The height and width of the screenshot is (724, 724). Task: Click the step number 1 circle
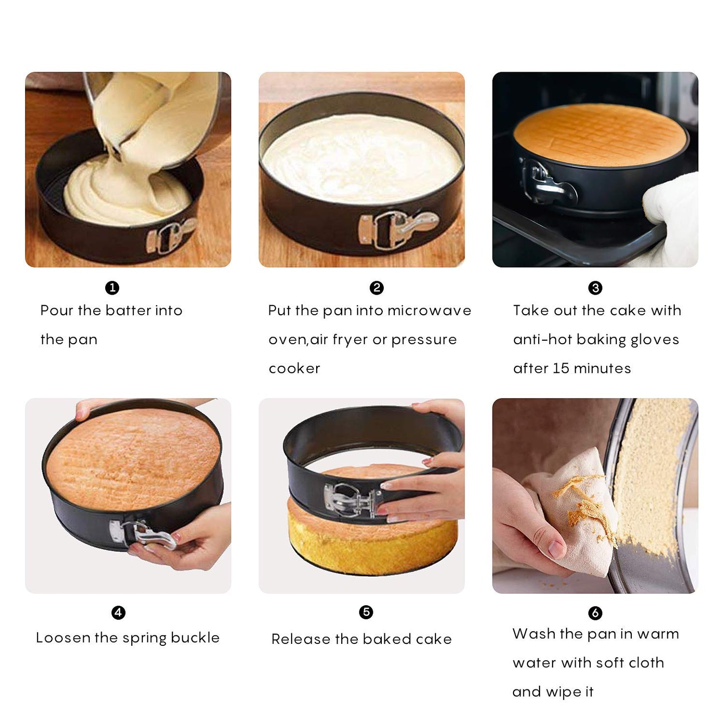click(x=112, y=288)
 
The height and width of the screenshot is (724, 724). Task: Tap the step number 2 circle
click(x=376, y=288)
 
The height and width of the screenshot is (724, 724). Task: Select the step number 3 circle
click(x=595, y=288)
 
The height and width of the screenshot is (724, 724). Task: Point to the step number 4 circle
click(x=118, y=612)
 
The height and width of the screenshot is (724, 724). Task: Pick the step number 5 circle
click(x=366, y=612)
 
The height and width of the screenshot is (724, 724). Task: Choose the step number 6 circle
click(x=595, y=613)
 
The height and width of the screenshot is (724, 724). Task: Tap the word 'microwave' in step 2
click(x=429, y=311)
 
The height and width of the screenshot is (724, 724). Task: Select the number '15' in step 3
click(x=561, y=369)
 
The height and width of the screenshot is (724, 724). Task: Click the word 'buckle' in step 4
click(x=195, y=638)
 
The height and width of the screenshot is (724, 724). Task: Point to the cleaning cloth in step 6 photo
click(x=576, y=511)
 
